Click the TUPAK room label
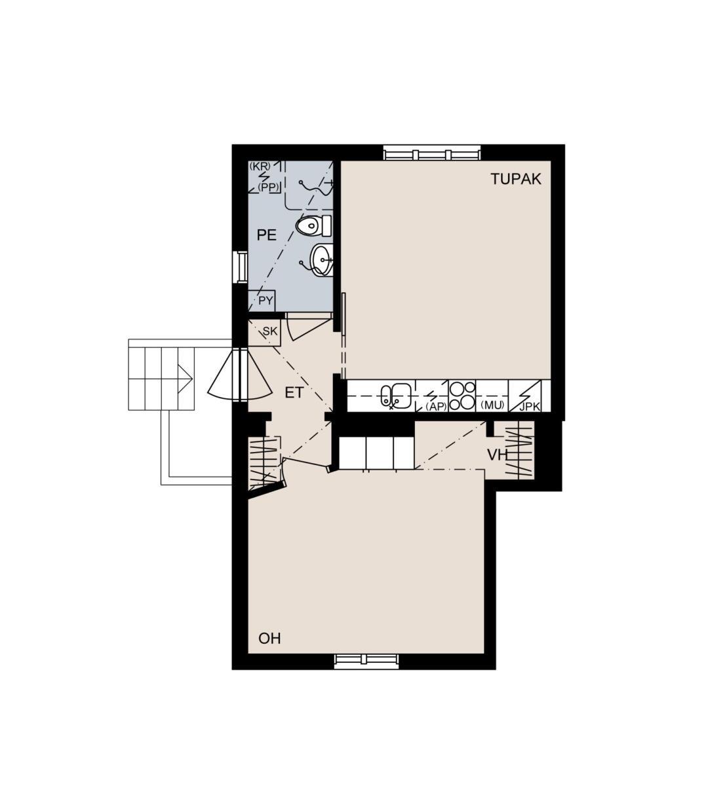515,179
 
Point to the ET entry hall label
294,392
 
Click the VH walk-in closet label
498,455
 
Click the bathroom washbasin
321,259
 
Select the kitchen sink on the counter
395,396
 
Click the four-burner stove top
462,396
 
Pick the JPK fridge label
529,407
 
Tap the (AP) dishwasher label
437,407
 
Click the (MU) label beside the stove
492,405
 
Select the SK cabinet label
270,331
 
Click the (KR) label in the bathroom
260,166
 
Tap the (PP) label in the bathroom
268,188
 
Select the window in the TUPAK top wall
431,153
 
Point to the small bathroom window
240,267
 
